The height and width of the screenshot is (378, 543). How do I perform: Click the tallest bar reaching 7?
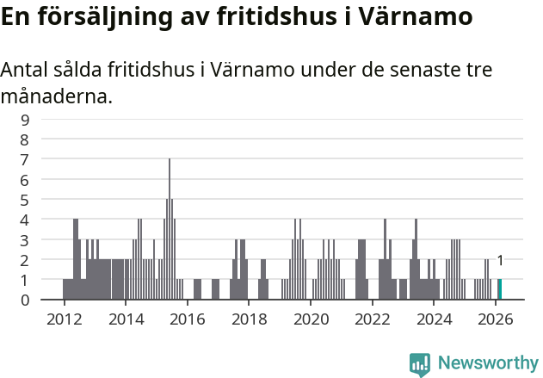[x=170, y=229]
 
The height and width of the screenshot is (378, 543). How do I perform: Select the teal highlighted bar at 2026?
[x=500, y=289]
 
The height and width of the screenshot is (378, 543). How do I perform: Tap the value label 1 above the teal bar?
[x=500, y=261]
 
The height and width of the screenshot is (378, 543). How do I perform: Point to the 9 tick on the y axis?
[x=25, y=120]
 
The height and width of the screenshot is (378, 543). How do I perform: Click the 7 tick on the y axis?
[x=25, y=159]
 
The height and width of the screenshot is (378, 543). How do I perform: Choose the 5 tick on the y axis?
[x=25, y=200]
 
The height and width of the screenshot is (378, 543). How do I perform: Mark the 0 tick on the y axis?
[x=25, y=300]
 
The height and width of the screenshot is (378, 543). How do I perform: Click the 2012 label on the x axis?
[x=64, y=318]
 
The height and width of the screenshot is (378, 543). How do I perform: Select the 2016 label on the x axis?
[x=188, y=318]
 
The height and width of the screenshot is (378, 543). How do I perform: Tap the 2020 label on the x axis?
[x=311, y=318]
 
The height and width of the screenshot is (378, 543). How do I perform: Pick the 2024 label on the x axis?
[x=434, y=318]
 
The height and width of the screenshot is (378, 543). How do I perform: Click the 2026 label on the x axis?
[x=496, y=318]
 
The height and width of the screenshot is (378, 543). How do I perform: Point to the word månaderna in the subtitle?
[x=57, y=96]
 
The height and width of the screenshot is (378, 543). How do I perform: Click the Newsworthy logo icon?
[x=420, y=363]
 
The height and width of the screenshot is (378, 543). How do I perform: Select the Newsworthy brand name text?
[x=488, y=363]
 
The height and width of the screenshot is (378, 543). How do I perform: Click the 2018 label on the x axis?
[x=249, y=318]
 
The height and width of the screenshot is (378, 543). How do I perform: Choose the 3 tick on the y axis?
[x=25, y=239]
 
